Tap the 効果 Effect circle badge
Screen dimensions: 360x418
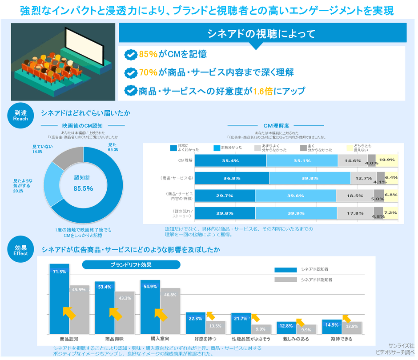coord(20,251)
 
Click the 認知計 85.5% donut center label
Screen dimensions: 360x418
coord(83,183)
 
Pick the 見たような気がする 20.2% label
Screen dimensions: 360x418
coord(23,186)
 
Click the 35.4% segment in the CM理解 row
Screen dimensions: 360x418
coord(230,160)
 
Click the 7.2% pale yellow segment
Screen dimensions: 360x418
coord(390,213)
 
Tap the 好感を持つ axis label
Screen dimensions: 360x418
coord(196,339)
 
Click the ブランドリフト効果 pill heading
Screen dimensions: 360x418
coord(131,265)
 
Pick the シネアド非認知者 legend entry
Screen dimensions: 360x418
coord(316,280)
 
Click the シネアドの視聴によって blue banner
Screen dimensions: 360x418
coord(262,33)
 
